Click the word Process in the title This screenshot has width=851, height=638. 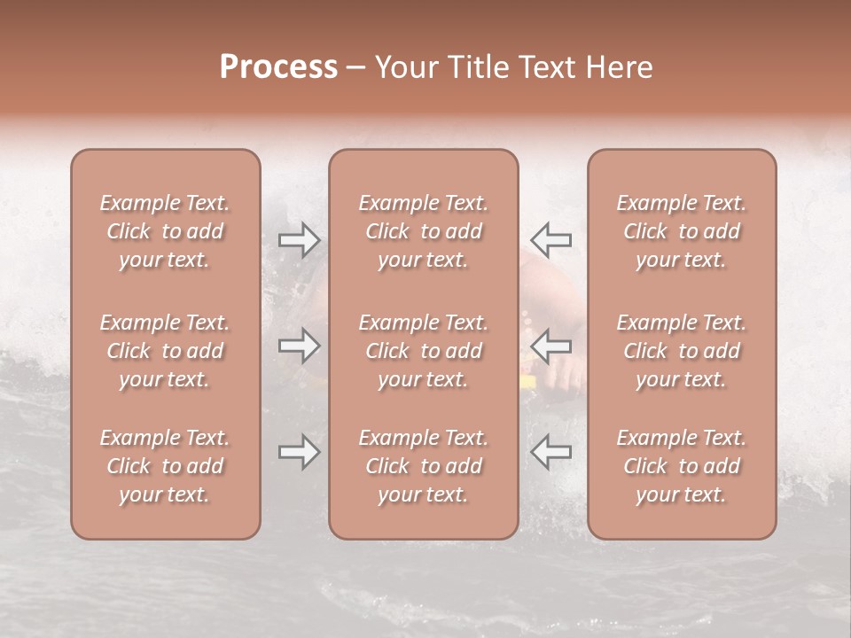click(x=278, y=67)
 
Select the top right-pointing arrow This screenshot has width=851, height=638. click(x=300, y=239)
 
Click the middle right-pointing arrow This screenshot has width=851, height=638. click(x=300, y=346)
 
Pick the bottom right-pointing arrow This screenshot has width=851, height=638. click(x=300, y=453)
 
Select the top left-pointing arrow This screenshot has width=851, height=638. click(x=550, y=239)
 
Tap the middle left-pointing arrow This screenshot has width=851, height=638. click(x=550, y=346)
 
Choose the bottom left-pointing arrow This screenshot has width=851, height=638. click(x=550, y=453)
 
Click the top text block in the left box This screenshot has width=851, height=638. click(x=165, y=231)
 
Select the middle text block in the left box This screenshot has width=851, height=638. click(x=165, y=351)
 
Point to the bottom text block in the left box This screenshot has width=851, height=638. click(x=165, y=466)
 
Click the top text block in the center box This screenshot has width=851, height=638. click(x=423, y=231)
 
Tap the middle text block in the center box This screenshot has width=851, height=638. click(x=423, y=351)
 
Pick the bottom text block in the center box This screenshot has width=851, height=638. click(x=423, y=466)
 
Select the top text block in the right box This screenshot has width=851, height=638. click(x=681, y=231)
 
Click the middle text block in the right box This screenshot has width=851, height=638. click(x=681, y=351)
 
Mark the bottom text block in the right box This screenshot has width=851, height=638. click(x=681, y=466)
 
